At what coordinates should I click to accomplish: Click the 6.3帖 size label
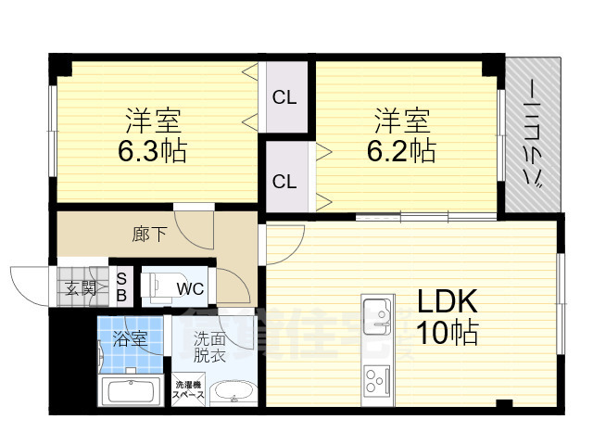[152, 151]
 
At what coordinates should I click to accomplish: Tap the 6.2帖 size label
[404, 149]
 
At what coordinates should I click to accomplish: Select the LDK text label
[446, 302]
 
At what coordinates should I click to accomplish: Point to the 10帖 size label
[446, 332]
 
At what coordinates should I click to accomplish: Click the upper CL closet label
[284, 96]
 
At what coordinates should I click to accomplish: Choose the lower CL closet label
[284, 181]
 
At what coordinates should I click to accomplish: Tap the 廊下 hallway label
[149, 234]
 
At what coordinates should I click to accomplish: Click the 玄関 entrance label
[81, 287]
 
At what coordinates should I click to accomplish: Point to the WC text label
[191, 288]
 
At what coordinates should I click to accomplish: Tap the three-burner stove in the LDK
[375, 380]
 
